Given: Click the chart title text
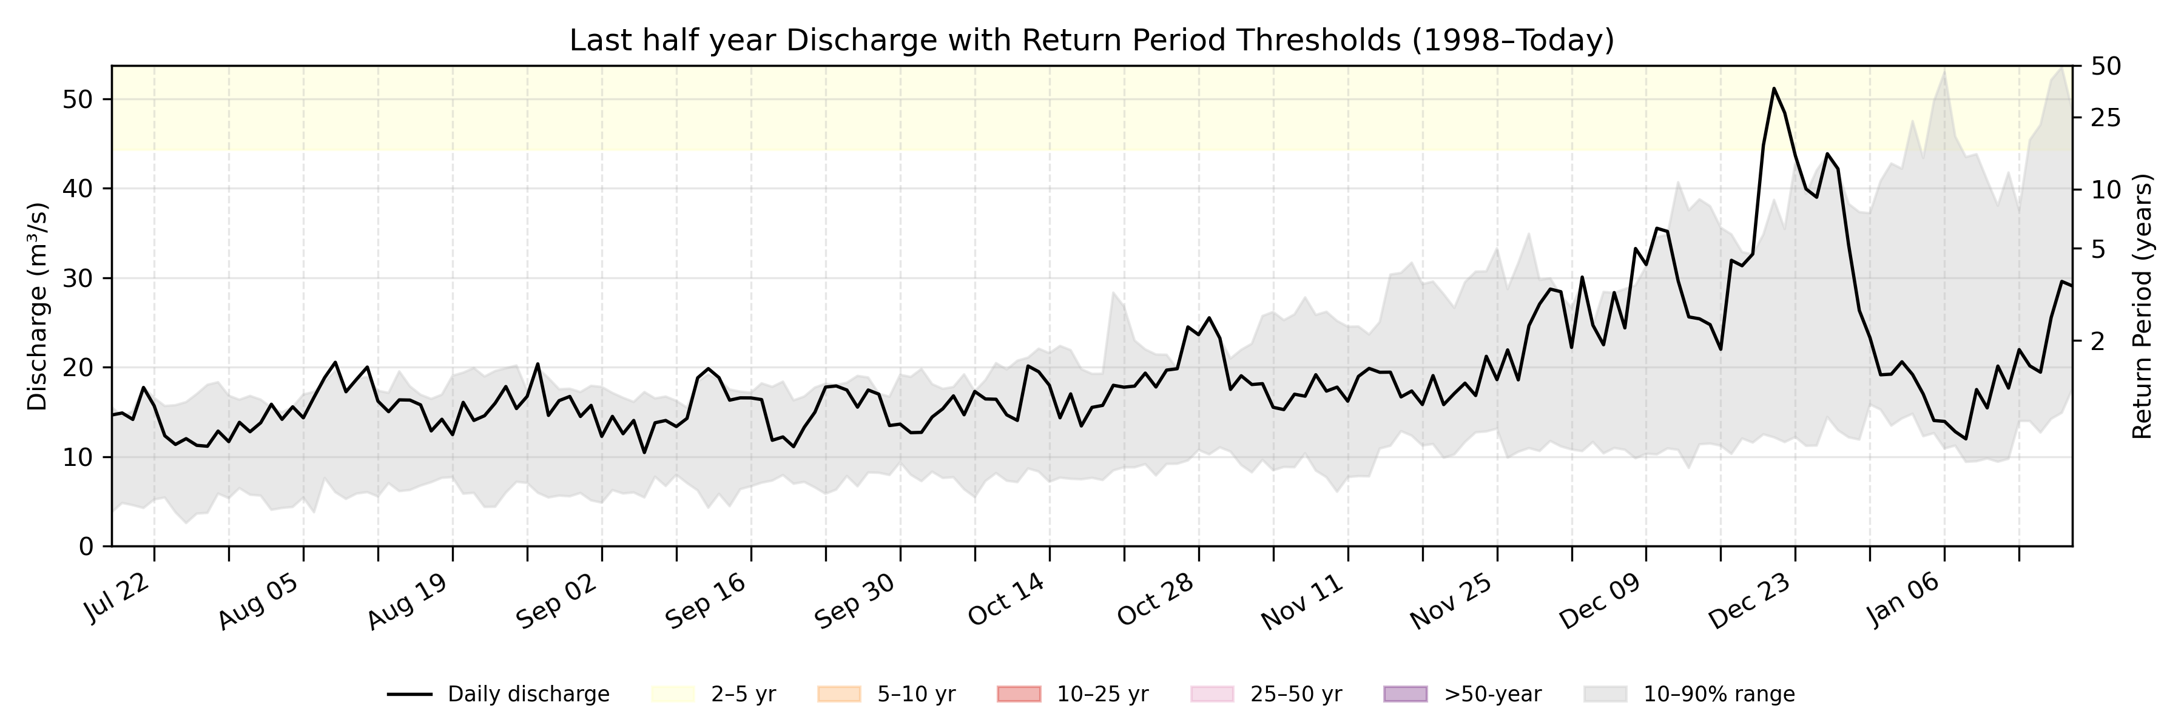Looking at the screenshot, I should [x=1091, y=40].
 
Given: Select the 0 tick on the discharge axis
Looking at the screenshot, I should [x=86, y=547].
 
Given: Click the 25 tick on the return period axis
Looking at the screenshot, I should [x=2106, y=118].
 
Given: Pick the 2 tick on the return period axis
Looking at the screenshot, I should [x=2098, y=342].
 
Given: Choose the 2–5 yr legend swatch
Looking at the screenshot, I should [x=673, y=694].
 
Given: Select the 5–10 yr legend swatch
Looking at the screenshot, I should [x=838, y=694].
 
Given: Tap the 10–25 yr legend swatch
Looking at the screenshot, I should [x=1019, y=694].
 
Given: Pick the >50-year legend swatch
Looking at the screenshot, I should [x=1405, y=694].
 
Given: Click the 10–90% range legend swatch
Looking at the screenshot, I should [x=1605, y=694].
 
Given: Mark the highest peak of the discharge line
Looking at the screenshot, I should [x=1774, y=87].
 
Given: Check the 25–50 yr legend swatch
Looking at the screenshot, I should [x=1212, y=694].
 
